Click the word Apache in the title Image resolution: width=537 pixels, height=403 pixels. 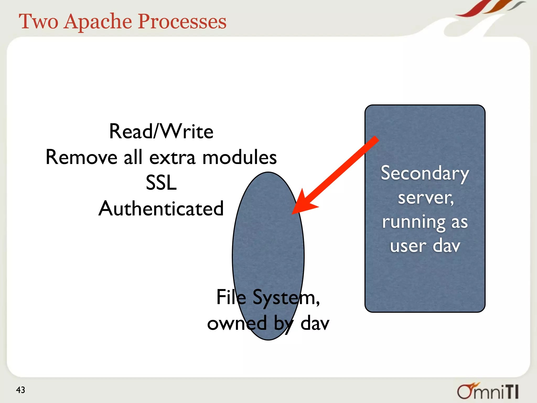click(98, 22)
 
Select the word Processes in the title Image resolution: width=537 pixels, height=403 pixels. click(182, 22)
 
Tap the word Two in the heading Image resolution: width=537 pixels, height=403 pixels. click(38, 22)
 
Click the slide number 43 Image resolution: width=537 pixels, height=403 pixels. click(20, 390)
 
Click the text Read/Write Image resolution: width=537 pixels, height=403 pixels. click(161, 131)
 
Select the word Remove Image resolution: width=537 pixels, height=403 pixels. click(81, 157)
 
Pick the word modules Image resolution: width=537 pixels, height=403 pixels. click(239, 157)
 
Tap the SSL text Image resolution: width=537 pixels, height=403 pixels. click(161, 183)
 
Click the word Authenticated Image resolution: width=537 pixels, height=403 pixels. click(161, 209)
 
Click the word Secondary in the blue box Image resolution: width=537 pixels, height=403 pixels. click(425, 174)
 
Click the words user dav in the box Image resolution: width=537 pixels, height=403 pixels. click(425, 246)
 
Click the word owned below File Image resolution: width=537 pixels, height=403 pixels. click(237, 323)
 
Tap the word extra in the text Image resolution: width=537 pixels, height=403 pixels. click(172, 157)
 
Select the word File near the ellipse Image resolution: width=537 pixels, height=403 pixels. click(231, 297)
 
